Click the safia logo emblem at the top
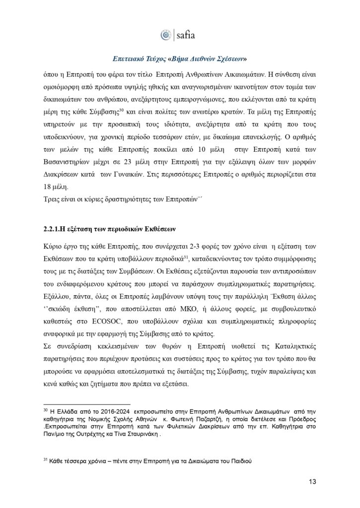[x=166, y=35]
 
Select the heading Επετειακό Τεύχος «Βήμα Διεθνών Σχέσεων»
[x=180, y=58]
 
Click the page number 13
[x=312, y=481]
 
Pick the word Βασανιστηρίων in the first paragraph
[x=71, y=163]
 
